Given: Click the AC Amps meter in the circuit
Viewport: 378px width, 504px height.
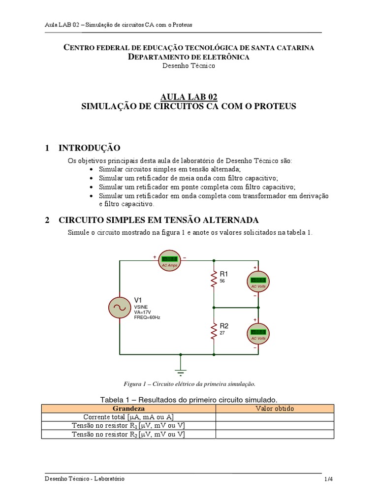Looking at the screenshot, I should tap(169, 261).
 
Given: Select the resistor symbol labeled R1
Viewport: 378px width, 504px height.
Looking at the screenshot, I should tap(214, 279).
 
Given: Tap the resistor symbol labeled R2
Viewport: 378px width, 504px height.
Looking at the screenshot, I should tap(214, 331).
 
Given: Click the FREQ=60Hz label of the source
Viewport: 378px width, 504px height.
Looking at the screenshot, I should tap(147, 317).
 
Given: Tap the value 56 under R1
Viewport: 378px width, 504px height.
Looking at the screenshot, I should tap(222, 281).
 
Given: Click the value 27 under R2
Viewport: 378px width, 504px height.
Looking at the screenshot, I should tap(222, 333).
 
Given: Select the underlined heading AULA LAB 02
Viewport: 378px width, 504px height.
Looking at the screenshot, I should tap(189, 97).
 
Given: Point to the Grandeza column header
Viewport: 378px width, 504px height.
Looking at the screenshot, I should tap(128, 409).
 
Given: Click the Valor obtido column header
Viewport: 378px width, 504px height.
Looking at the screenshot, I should tap(275, 409).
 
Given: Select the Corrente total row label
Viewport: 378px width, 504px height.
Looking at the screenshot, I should tap(128, 417).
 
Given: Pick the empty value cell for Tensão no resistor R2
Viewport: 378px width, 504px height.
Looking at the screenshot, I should tap(275, 434).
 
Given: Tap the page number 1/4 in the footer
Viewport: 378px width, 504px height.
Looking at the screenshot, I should tap(328, 479).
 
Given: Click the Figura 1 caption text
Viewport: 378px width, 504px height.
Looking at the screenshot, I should tap(189, 384).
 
